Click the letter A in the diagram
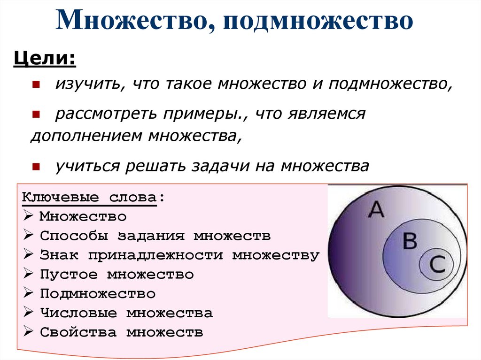tap(376, 210)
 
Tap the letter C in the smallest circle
tap(436, 265)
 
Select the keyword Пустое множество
tap(116, 274)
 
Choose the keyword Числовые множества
tap(126, 313)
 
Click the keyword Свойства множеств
tap(121, 332)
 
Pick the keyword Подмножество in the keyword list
tap(97, 294)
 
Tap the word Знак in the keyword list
tap(59, 255)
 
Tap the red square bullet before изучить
tap(36, 84)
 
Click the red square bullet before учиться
tap(36, 166)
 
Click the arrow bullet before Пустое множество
tap(28, 275)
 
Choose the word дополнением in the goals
tap(87, 136)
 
